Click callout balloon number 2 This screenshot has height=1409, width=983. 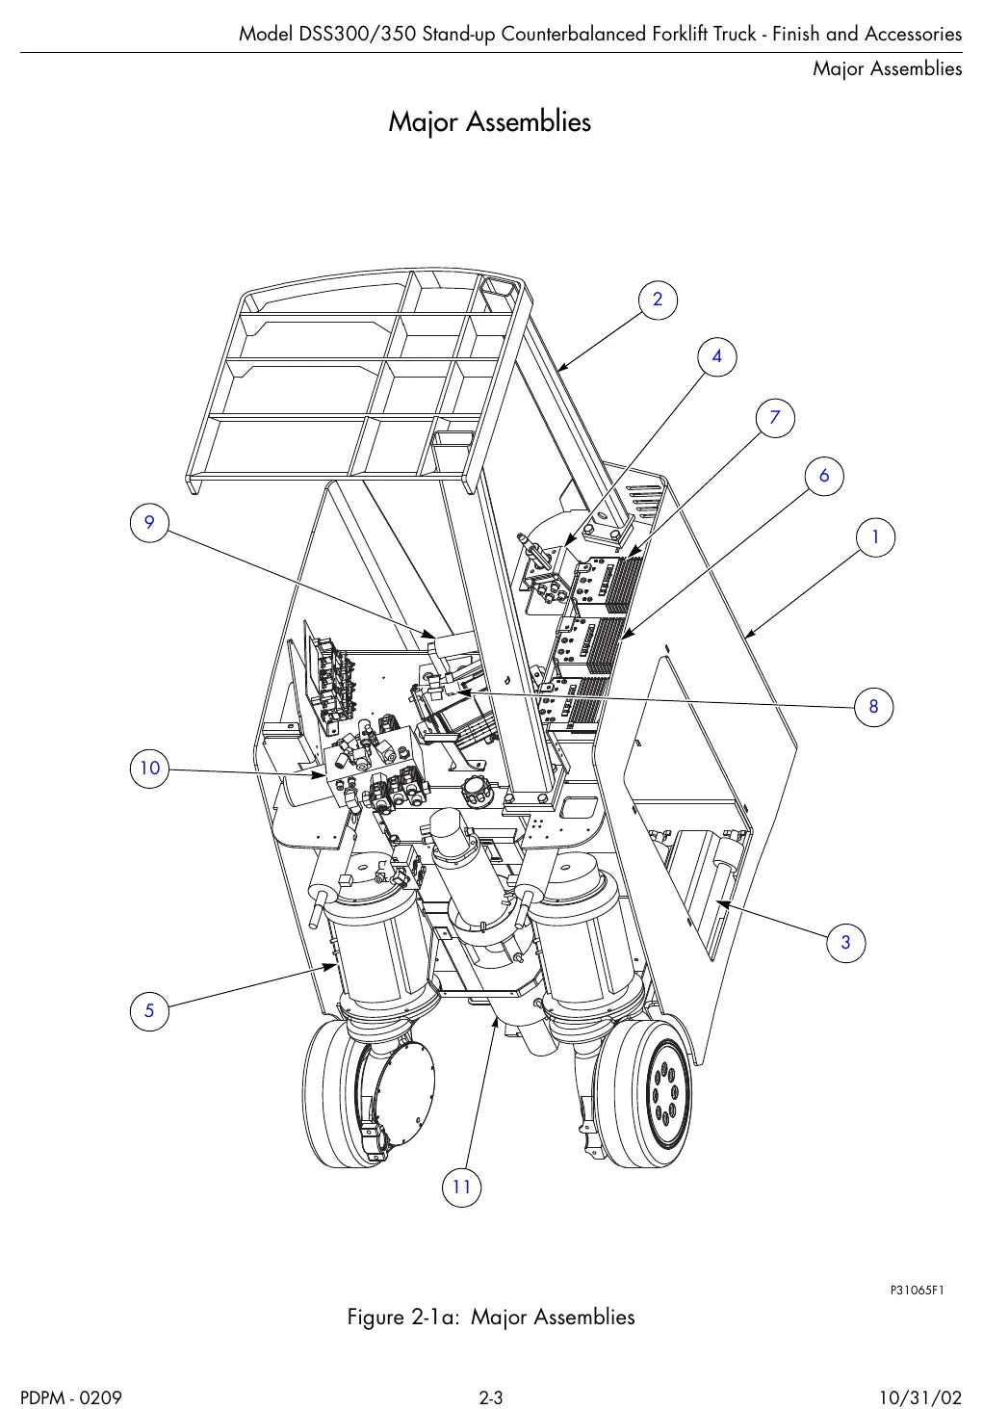tap(658, 300)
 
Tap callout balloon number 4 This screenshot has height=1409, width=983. tap(716, 356)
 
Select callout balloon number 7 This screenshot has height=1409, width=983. tap(775, 418)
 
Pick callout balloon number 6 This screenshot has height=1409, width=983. tap(824, 476)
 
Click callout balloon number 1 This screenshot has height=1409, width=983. tap(875, 537)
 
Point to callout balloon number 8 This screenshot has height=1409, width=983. tap(873, 707)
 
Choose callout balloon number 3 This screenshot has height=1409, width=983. tap(846, 942)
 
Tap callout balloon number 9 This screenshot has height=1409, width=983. tap(149, 523)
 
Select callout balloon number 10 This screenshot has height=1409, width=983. tap(149, 769)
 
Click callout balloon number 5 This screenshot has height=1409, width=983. tap(149, 1011)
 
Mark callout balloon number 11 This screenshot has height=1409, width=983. tap(461, 1187)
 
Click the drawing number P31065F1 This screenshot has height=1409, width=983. tap(917, 1291)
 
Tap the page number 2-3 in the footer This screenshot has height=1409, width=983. tap(491, 1397)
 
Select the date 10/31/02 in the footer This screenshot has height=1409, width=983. tap(920, 1397)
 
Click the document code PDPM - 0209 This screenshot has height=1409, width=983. tap(71, 1397)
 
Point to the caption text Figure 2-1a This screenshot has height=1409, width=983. tap(403, 1318)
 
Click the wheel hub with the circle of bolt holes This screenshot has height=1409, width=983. tap(669, 1093)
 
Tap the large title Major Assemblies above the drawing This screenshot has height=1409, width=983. tap(490, 121)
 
